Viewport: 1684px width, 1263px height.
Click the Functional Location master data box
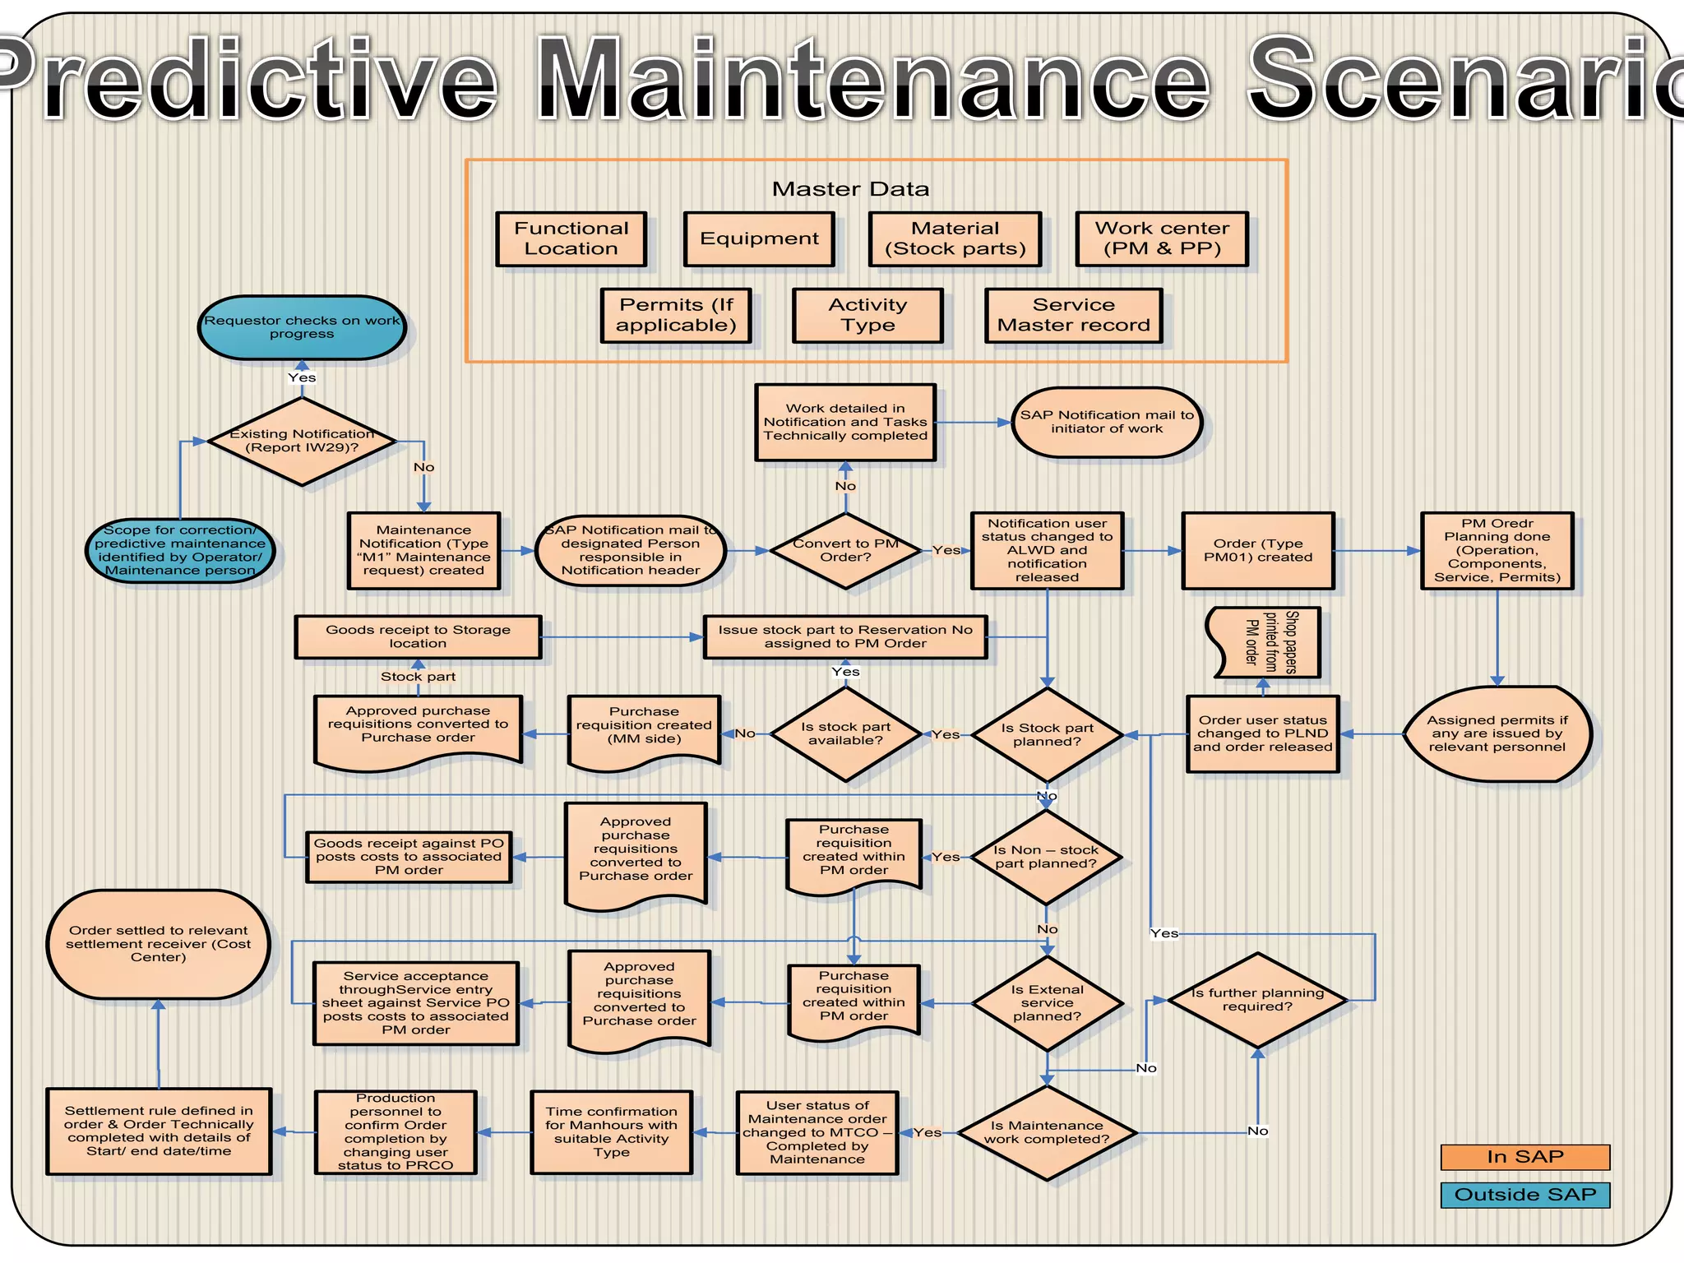[x=571, y=238]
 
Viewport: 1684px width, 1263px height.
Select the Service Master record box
[x=1073, y=315]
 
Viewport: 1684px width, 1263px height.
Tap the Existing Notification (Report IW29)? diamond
[x=303, y=442]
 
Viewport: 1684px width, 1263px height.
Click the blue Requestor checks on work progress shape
[x=302, y=327]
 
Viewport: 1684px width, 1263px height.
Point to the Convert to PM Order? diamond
[x=845, y=550]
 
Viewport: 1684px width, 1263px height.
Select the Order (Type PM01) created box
[x=1257, y=550]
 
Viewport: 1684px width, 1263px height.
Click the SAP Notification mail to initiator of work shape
[x=1107, y=422]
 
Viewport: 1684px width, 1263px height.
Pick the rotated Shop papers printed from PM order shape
[x=1266, y=642]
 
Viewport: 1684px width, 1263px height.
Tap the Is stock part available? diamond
[x=845, y=733]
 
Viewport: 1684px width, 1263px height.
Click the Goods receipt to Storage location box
[x=418, y=636]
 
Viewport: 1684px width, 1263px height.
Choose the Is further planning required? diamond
[x=1256, y=1000]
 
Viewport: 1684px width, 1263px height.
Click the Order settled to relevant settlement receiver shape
[x=159, y=944]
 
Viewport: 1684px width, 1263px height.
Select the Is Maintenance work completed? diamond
[x=1046, y=1132]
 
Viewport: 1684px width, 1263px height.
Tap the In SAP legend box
[x=1524, y=1156]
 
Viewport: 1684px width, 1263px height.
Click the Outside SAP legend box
[x=1524, y=1194]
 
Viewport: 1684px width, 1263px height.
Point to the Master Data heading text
[x=850, y=189]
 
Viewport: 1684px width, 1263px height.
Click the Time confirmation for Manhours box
[x=611, y=1131]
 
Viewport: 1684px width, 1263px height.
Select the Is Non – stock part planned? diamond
[x=1046, y=857]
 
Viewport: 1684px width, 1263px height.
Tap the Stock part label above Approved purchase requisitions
[x=418, y=677]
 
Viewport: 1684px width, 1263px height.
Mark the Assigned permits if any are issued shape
[x=1497, y=733]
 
